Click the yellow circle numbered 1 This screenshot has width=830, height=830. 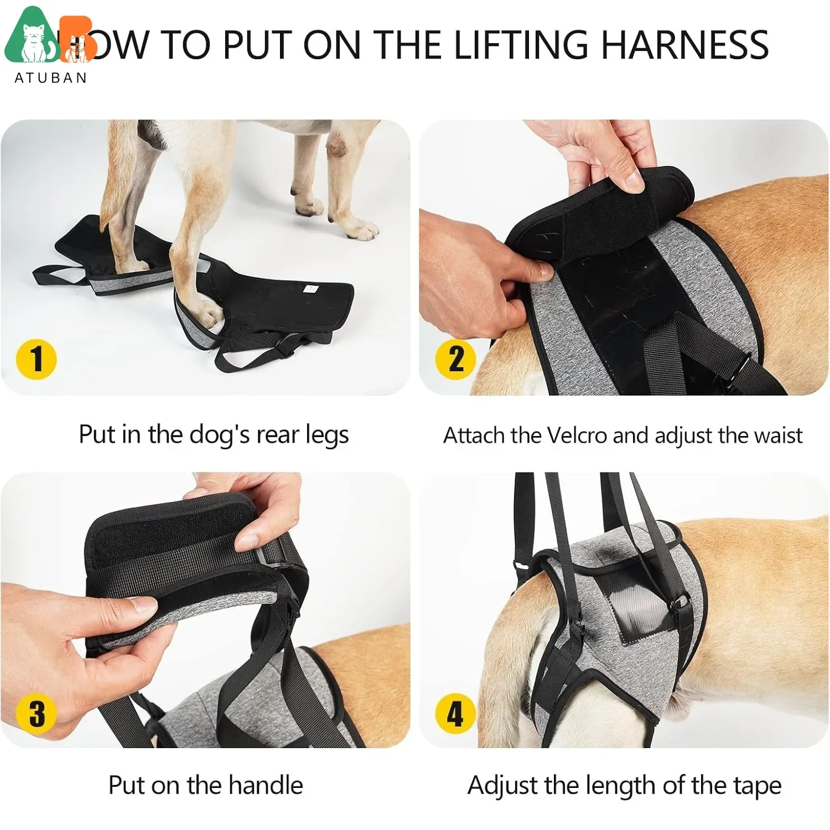pyautogui.click(x=36, y=359)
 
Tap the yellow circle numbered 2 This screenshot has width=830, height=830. pyautogui.click(x=455, y=359)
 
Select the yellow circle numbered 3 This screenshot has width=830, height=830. pyautogui.click(x=36, y=712)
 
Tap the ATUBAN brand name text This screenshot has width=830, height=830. pyautogui.click(x=51, y=78)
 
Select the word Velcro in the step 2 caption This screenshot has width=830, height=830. pyautogui.click(x=577, y=435)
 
